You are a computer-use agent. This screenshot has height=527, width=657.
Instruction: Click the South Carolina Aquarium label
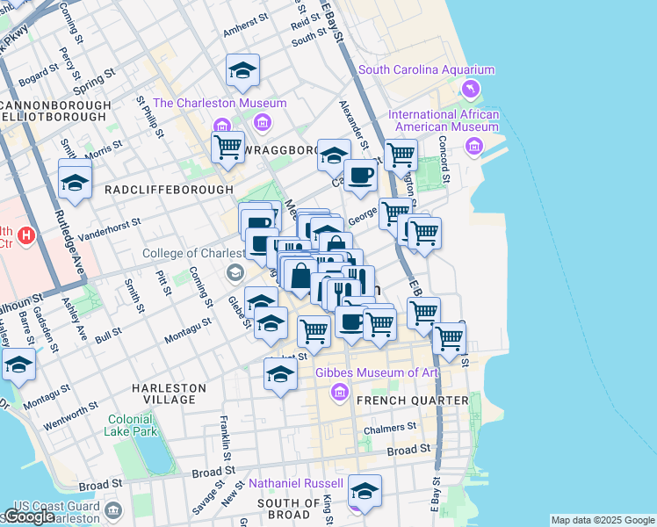pos(426,70)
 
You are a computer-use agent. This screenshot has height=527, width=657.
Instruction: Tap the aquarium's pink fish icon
pos(472,90)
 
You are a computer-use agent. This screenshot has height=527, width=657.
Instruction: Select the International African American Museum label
pos(444,120)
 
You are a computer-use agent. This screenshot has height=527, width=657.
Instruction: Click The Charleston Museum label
pos(220,103)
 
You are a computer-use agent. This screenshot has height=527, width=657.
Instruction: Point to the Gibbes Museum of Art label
pos(377,372)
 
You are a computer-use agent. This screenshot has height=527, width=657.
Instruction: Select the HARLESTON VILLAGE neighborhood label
pos(169,393)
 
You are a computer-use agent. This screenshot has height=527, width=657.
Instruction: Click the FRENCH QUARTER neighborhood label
pos(417,401)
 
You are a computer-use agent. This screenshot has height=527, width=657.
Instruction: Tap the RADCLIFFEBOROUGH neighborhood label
pos(169,190)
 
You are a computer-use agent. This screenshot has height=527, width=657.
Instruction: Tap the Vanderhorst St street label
pos(109,232)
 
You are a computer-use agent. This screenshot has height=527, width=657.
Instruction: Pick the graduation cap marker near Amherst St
pos(242,71)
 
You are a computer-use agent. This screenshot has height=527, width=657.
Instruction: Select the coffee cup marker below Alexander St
pos(359,177)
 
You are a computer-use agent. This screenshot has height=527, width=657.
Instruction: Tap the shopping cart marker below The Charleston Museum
pos(227,147)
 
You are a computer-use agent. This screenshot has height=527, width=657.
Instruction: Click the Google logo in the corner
pos(30,516)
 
